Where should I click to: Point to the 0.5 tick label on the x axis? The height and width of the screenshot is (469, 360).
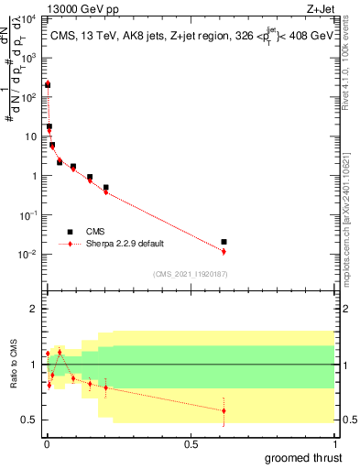tap(191, 444)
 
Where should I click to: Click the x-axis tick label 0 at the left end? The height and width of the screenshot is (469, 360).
tap(45, 444)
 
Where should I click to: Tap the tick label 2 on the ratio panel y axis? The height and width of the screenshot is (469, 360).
tap(34, 309)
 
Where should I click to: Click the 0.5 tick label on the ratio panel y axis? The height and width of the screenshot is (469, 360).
tap(30, 420)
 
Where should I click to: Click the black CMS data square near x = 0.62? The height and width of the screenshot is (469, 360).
tap(224, 242)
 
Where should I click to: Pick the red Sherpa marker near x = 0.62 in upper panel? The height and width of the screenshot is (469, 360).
tap(224, 251)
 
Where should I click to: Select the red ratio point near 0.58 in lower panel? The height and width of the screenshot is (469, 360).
tap(224, 410)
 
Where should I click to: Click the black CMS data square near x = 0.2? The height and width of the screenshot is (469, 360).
tap(105, 187)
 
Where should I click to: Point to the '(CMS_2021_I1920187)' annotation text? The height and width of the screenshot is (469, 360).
tap(191, 274)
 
